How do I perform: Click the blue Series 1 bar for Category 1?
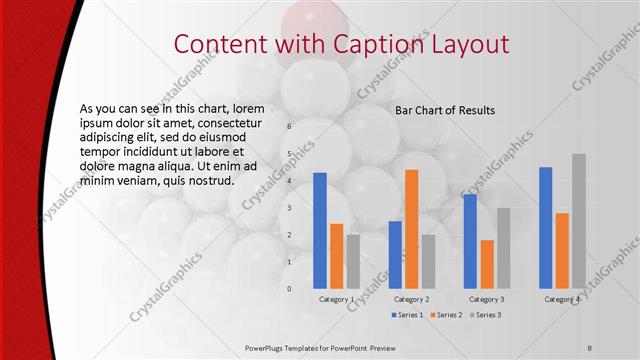tap(320, 231)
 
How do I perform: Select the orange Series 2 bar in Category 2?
tap(411, 229)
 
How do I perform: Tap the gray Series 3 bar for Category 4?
tap(578, 221)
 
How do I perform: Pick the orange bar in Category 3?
tap(487, 264)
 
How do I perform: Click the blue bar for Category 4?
tap(545, 228)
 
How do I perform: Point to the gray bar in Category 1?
tap(353, 262)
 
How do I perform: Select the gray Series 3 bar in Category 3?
tap(503, 248)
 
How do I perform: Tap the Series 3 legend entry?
tap(485, 315)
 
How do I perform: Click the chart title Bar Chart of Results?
tap(445, 110)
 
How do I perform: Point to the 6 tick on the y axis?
tap(289, 127)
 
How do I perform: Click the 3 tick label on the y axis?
tap(289, 208)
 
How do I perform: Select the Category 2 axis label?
tap(412, 299)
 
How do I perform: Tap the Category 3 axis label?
tap(487, 299)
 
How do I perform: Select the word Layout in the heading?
tap(467, 45)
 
